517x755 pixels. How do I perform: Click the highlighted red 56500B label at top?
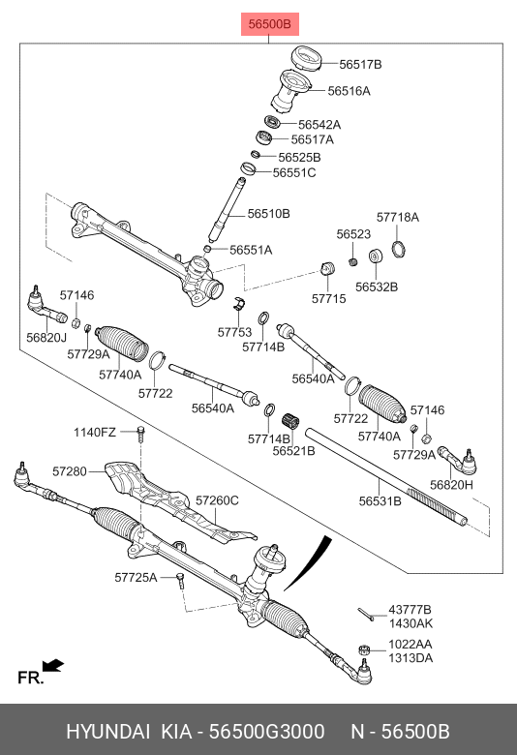tap(270, 24)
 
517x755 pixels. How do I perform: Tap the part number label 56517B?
tap(360, 65)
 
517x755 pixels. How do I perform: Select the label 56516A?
tap(349, 91)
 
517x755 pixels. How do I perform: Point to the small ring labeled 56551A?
tap(207, 249)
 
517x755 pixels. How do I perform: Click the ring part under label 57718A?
tap(398, 248)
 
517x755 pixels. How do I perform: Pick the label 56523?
tap(353, 234)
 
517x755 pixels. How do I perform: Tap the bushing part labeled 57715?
tap(327, 268)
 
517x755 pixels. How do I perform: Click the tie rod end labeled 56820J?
tap(46, 307)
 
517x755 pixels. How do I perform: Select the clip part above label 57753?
tap(239, 303)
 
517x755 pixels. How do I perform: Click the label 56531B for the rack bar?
tap(380, 501)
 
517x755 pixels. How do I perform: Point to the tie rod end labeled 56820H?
tap(458, 459)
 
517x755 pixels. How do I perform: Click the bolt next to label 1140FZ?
tap(140, 434)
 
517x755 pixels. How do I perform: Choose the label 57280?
tap(70, 471)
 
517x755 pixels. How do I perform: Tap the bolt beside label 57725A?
tap(180, 579)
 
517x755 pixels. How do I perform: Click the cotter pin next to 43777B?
tap(366, 615)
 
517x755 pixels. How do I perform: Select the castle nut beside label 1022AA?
tap(365, 650)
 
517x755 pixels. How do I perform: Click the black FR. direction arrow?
tap(53, 665)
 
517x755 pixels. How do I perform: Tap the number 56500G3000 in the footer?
tap(266, 732)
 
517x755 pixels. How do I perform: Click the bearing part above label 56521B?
tap(290, 421)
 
